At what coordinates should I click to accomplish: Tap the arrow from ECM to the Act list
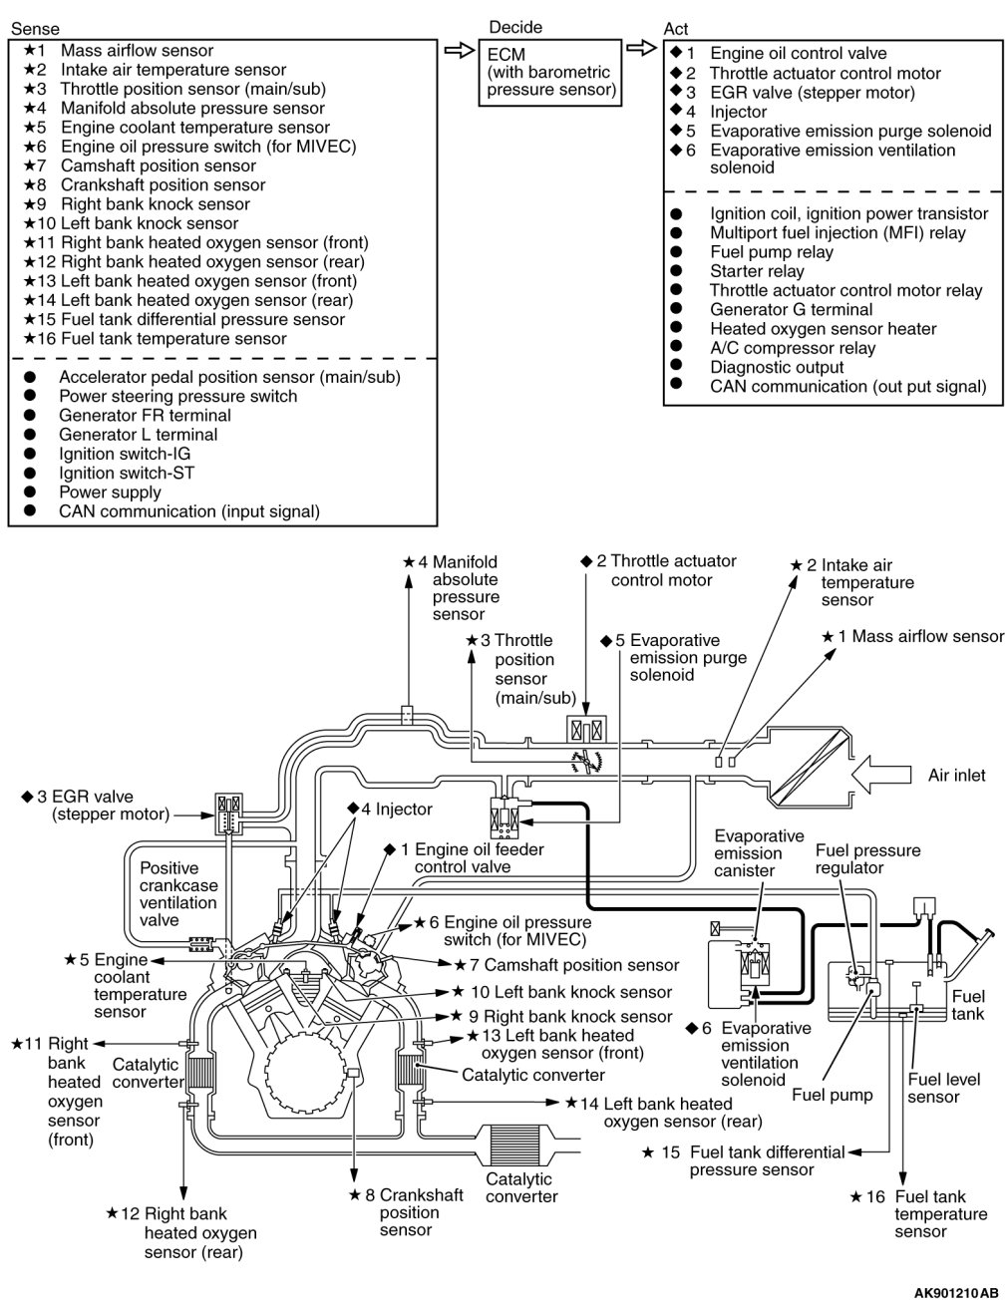641,48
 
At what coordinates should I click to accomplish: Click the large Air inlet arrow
883,775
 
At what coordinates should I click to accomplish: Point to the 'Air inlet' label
956,775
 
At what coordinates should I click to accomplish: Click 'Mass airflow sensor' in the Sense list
137,51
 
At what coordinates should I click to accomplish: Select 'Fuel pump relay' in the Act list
771,252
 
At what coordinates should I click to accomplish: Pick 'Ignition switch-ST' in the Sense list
126,474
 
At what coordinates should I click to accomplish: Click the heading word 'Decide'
515,27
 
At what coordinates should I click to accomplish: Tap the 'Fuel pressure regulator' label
867,859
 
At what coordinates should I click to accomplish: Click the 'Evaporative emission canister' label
759,853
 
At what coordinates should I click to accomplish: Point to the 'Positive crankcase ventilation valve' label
178,894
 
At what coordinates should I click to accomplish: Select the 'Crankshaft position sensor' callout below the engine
421,1212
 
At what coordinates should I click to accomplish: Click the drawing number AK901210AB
955,1293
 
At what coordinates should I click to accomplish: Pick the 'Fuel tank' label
968,1005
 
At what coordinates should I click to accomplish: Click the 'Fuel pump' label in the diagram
832,1095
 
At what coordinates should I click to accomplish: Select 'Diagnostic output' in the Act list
777,367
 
